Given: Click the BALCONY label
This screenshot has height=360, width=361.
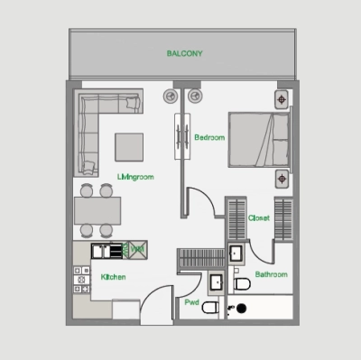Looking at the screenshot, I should (x=184, y=54).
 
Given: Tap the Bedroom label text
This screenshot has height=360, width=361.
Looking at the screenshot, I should (x=208, y=138).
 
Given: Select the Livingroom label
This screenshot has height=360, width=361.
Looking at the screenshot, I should (x=135, y=178).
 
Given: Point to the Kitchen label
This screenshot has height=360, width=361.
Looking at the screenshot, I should (x=113, y=278).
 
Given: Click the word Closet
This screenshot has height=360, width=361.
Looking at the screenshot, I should (x=260, y=218).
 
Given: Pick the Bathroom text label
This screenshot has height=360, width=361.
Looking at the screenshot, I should (x=271, y=274).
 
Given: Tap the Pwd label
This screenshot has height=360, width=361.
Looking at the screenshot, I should (x=191, y=303).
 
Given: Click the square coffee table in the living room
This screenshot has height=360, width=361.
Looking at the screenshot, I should (x=128, y=146).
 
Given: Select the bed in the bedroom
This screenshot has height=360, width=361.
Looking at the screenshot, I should (x=258, y=139).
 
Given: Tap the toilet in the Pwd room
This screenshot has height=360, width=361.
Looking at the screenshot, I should (x=209, y=309).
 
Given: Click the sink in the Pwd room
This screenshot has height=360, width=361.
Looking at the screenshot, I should (x=217, y=283).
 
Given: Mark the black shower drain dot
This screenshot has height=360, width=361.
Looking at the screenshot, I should (x=241, y=309).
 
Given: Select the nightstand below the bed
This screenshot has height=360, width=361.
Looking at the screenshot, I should (x=282, y=179).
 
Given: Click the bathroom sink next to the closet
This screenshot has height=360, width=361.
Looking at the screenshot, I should (x=236, y=253).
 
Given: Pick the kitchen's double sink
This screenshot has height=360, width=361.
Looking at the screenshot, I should (x=106, y=251).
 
